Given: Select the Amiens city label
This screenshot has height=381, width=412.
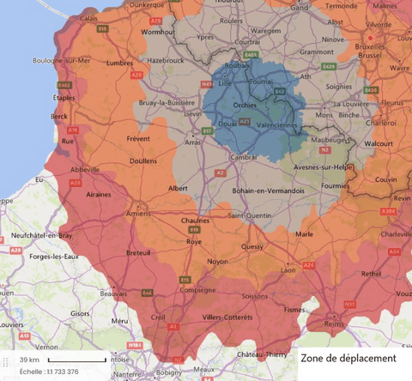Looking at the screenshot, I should click(137, 214).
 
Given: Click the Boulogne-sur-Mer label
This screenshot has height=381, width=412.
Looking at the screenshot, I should click(33, 61).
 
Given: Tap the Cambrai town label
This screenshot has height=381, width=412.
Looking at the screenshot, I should click(242, 157).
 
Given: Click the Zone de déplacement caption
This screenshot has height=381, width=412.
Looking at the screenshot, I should click(348, 358).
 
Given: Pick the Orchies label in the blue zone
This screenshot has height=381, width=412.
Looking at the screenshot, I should click(245, 106).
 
